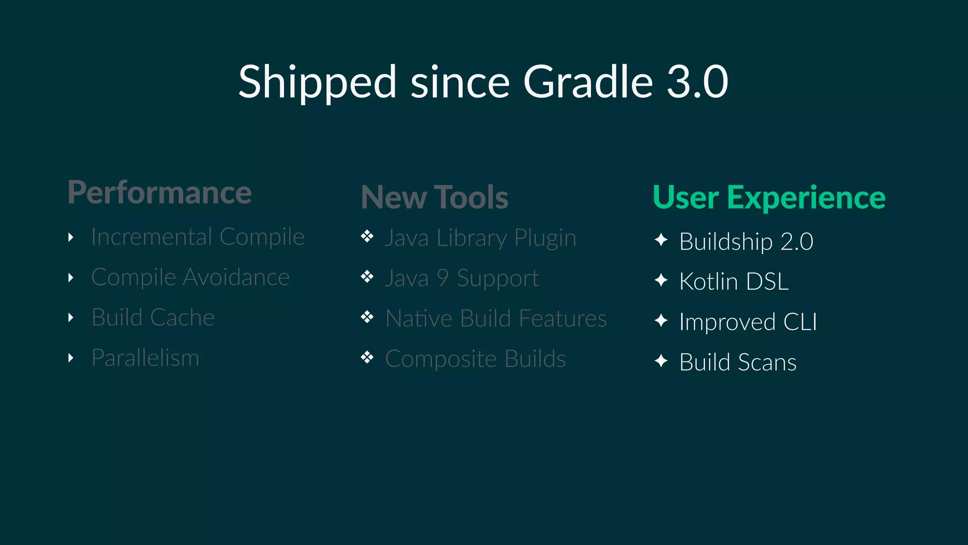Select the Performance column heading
tap(160, 193)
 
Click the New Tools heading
tap(434, 197)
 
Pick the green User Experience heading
tap(769, 197)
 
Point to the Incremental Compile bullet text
tap(198, 237)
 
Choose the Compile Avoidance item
tap(190, 277)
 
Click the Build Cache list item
tap(153, 317)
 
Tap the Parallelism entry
tap(145, 358)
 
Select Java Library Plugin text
tap(480, 238)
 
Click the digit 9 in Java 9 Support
tap(442, 278)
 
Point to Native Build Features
tap(496, 318)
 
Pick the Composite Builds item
tap(475, 359)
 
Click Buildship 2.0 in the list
tap(746, 242)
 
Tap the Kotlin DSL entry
tap(734, 282)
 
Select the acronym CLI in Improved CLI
tap(800, 322)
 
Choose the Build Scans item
tap(737, 363)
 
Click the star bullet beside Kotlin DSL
tap(661, 281)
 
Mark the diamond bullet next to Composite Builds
tap(367, 357)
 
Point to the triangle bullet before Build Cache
tap(71, 317)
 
